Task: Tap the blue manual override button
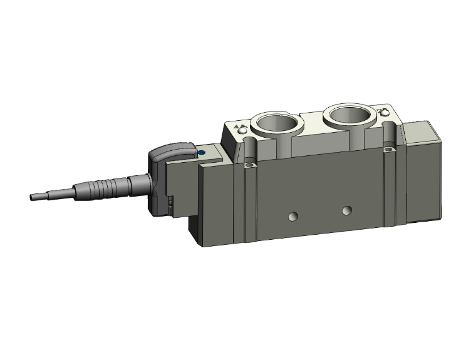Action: click(x=202, y=152)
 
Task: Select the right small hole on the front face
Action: click(x=346, y=210)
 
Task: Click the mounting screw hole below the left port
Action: click(x=251, y=165)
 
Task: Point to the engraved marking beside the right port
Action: click(x=383, y=113)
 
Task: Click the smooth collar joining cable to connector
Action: click(x=139, y=183)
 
